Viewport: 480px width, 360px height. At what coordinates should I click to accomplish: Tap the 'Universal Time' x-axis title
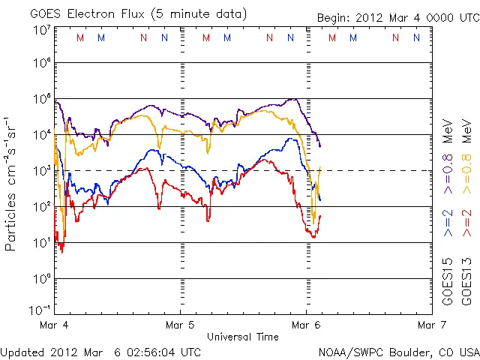click(242, 337)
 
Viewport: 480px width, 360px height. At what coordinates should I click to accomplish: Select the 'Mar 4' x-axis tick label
click(55, 325)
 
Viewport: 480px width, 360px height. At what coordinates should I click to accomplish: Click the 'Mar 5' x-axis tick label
click(180, 325)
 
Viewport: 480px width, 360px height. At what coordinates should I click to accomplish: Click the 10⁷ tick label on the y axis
click(41, 30)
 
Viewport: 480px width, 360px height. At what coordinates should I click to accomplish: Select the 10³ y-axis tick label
click(41, 171)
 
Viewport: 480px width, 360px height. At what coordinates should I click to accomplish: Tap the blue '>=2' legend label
click(447, 223)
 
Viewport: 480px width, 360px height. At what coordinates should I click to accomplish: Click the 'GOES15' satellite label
click(447, 283)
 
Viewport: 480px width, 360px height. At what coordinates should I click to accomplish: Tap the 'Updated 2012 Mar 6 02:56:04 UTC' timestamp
click(100, 352)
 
